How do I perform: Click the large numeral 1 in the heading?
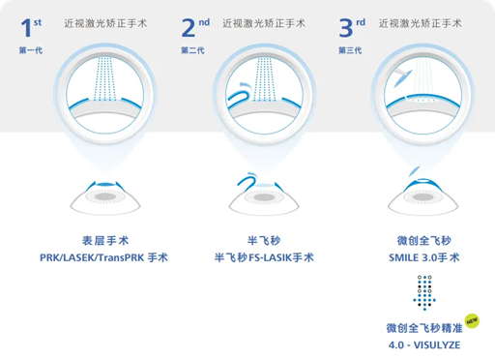click(x=26, y=28)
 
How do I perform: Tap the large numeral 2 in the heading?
click(x=189, y=28)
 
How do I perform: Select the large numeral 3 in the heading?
click(x=346, y=28)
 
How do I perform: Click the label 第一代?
click(x=31, y=50)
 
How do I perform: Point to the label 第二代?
click(x=192, y=50)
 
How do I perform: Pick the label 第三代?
click(x=350, y=50)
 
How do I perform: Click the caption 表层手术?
click(x=105, y=241)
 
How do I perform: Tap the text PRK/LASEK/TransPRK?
click(x=92, y=257)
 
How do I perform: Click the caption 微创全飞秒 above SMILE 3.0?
click(x=424, y=241)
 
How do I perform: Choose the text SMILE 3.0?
click(x=413, y=257)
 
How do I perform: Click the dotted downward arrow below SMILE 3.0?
click(x=424, y=293)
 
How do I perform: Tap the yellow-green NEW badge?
click(x=472, y=321)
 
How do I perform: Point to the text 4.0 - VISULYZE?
click(x=424, y=345)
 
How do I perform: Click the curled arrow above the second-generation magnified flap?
click(x=244, y=85)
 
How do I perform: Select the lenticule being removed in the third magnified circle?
click(x=403, y=78)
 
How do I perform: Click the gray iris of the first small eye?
click(x=105, y=196)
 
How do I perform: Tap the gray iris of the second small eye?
click(x=264, y=196)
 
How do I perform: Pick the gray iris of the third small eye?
click(x=423, y=196)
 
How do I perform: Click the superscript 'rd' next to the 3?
click(x=361, y=22)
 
